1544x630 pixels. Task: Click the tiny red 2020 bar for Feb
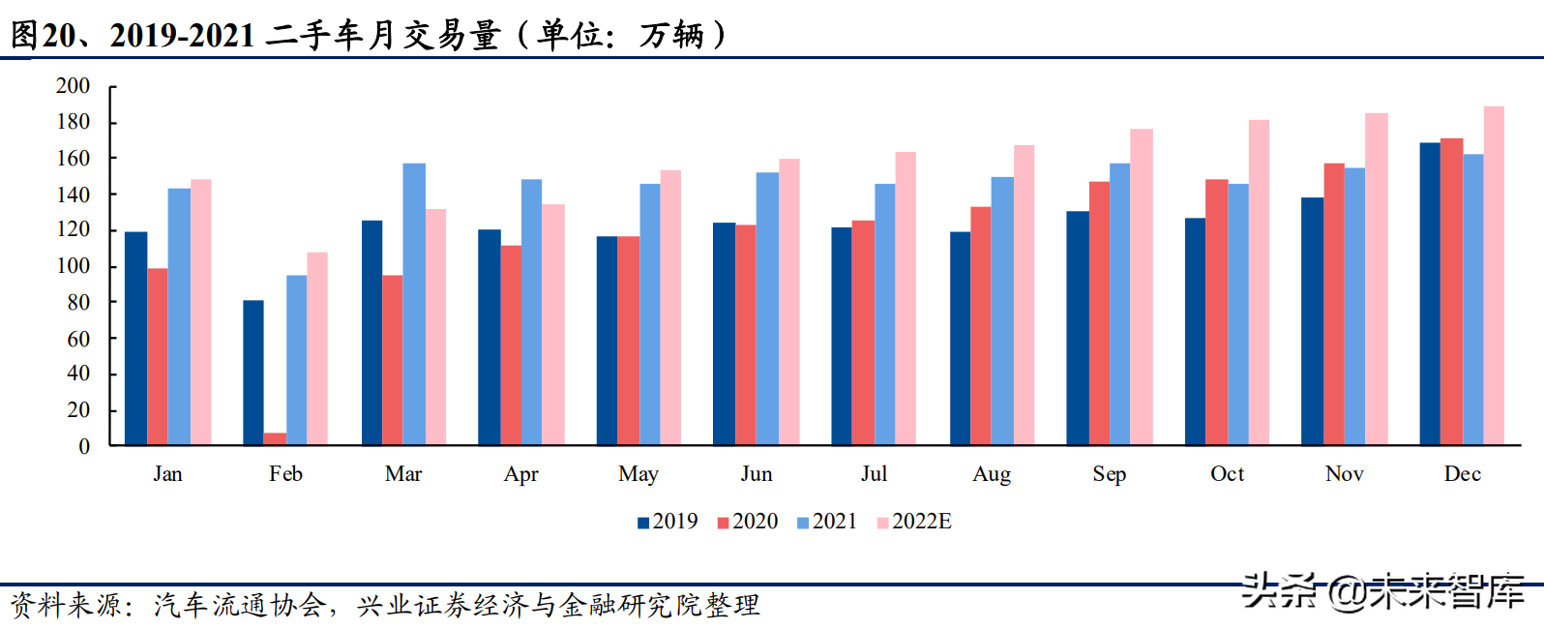pyautogui.click(x=275, y=438)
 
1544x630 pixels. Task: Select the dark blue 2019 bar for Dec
pyautogui.click(x=1430, y=294)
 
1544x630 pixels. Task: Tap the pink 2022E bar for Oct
pyautogui.click(x=1259, y=283)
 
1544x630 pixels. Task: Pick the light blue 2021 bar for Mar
pyautogui.click(x=414, y=304)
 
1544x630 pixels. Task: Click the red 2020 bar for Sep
pyautogui.click(x=1099, y=314)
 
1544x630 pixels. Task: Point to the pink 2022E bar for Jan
pyautogui.click(x=200, y=312)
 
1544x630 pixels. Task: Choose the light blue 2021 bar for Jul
pyautogui.click(x=885, y=315)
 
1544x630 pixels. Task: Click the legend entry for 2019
pyautogui.click(x=668, y=522)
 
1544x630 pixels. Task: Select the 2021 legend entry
pyautogui.click(x=826, y=522)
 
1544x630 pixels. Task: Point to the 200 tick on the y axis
pyautogui.click(x=73, y=86)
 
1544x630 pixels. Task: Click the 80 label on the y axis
pyautogui.click(x=78, y=303)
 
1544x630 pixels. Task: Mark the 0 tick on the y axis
pyautogui.click(x=84, y=446)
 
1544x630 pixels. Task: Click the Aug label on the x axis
pyautogui.click(x=992, y=474)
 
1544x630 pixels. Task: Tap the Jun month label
pyautogui.click(x=757, y=474)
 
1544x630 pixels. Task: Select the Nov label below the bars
pyautogui.click(x=1344, y=474)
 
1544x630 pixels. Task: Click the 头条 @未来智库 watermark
pyautogui.click(x=1382, y=591)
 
